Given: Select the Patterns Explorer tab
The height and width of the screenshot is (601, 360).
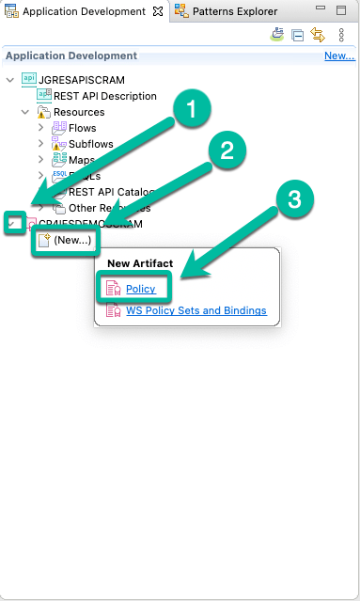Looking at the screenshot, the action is [235, 11].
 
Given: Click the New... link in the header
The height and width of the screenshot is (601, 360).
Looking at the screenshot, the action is [338, 56].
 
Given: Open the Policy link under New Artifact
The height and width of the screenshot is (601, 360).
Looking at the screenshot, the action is [140, 288].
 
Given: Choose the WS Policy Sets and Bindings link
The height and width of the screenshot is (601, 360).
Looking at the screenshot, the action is [196, 310].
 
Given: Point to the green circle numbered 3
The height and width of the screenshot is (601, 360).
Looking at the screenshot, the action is [293, 200].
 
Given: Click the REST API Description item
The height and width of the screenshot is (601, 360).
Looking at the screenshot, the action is [104, 96].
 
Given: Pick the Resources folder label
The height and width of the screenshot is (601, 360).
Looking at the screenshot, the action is [78, 112].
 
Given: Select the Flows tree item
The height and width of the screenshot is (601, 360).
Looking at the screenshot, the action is [82, 128].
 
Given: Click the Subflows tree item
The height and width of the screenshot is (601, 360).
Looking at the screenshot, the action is [90, 144].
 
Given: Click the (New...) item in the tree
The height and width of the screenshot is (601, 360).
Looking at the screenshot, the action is [72, 241].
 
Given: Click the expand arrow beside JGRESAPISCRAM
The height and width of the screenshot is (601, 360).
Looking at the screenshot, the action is [10, 80].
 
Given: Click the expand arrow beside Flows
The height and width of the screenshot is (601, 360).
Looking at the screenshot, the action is [40, 128].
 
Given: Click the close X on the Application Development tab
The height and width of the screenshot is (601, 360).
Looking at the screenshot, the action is [157, 11].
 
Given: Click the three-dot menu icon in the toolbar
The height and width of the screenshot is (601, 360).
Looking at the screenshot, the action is [341, 35].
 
